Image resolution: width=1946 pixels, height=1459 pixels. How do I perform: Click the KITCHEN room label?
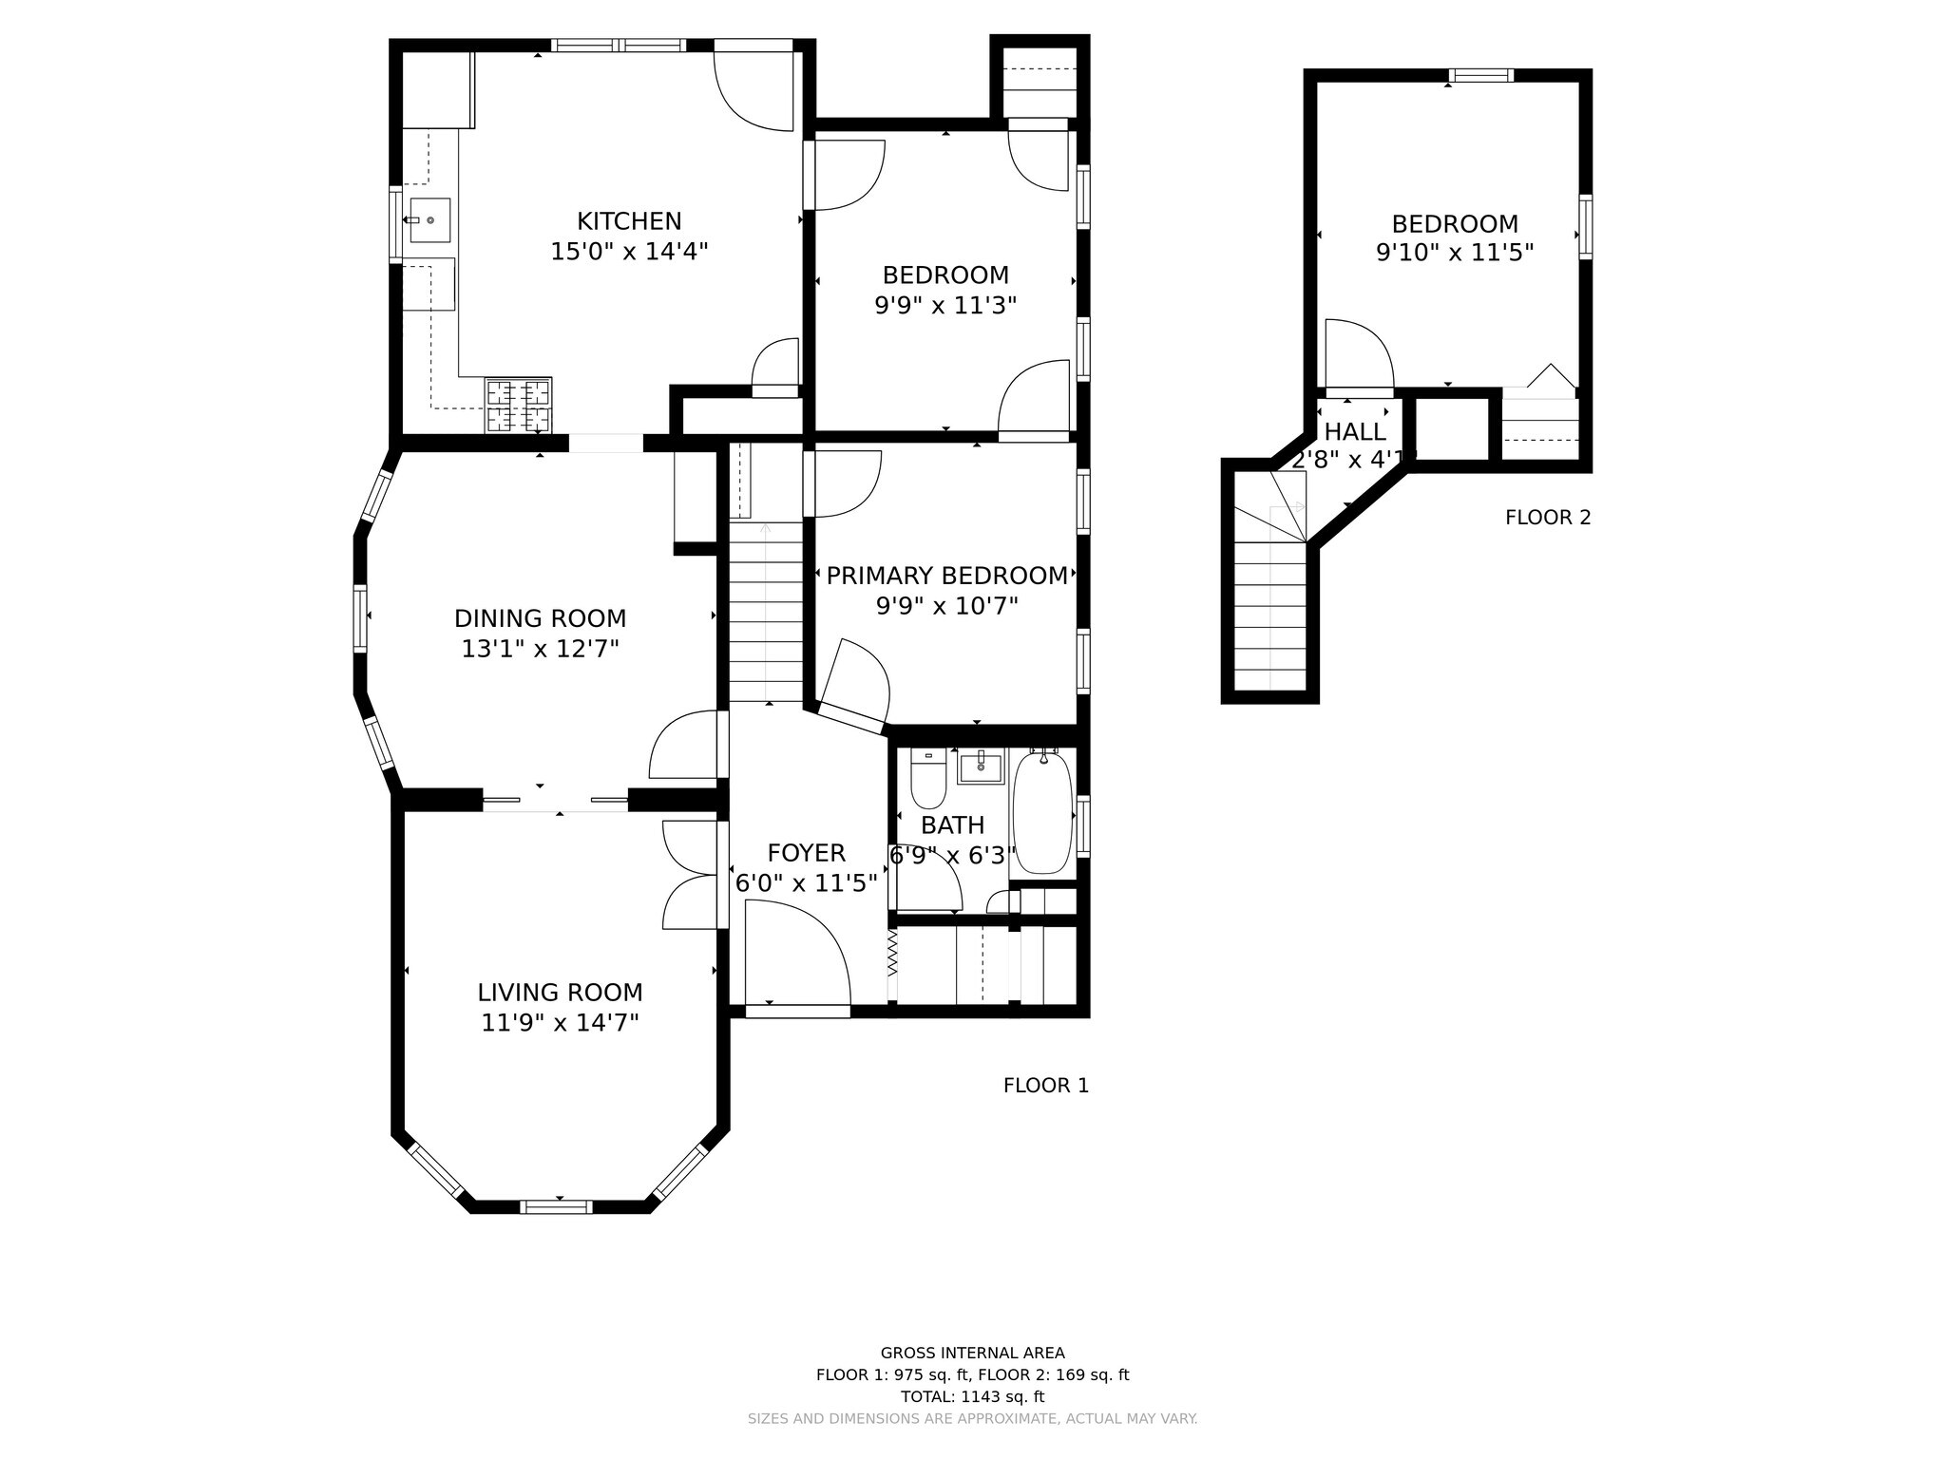click(629, 221)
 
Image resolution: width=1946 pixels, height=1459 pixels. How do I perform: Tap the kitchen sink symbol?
click(429, 220)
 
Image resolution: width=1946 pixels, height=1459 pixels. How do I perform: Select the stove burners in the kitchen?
click(518, 406)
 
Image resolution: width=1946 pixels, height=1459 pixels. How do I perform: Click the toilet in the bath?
click(928, 778)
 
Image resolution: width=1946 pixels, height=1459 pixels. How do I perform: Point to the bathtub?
click(1042, 810)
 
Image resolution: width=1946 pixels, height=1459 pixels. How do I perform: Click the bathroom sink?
click(981, 766)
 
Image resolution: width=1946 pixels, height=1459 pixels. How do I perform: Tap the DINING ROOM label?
click(540, 618)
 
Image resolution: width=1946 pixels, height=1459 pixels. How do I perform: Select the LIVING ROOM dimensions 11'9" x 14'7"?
click(560, 1023)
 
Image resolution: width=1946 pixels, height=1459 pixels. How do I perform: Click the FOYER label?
click(806, 853)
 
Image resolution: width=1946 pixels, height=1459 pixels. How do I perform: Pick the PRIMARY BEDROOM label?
click(946, 576)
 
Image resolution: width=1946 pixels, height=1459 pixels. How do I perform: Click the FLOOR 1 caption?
click(1046, 1085)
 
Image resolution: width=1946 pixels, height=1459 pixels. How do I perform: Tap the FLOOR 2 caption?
click(1548, 518)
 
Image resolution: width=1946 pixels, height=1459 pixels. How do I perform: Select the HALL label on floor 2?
click(1354, 431)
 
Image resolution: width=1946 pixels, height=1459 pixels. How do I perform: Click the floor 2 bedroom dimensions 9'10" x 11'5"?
click(1455, 253)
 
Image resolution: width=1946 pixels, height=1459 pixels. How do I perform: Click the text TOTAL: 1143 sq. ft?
click(972, 1396)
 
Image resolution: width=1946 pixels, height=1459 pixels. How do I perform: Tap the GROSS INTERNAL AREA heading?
click(972, 1353)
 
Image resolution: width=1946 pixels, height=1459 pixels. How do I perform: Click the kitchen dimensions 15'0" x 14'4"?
click(629, 252)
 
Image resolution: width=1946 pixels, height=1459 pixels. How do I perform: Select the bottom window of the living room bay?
click(556, 1207)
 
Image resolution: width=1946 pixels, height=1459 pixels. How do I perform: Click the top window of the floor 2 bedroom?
click(1481, 75)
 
